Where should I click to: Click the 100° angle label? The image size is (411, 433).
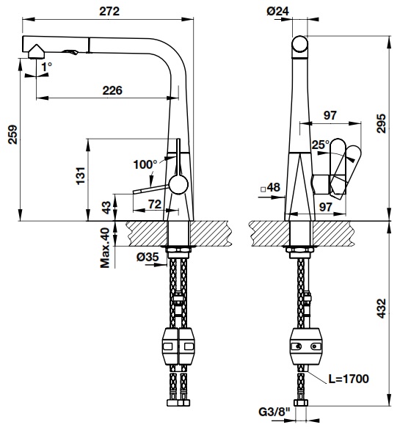pyautogui.click(x=145, y=163)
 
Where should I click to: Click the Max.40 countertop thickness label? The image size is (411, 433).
pyautogui.click(x=105, y=247)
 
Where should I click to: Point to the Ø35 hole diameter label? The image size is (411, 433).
pyautogui.click(x=148, y=257)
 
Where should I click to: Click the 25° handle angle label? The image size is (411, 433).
pyautogui.click(x=320, y=145)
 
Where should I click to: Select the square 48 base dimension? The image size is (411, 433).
pyautogui.click(x=271, y=188)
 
